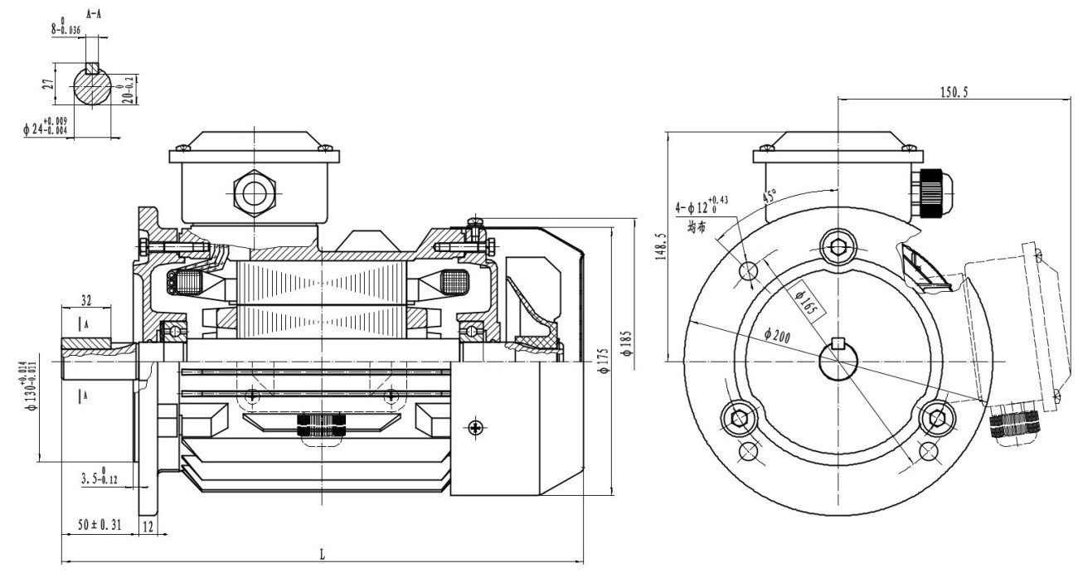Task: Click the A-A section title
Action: tap(93, 14)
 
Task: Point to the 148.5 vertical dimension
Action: tap(660, 246)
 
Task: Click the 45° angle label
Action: tap(770, 198)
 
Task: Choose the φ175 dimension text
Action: tap(603, 365)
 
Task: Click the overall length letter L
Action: tap(322, 555)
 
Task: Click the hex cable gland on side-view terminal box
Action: tap(250, 192)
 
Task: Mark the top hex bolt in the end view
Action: tap(838, 245)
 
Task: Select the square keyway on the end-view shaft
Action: tap(838, 344)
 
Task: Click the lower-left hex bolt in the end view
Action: tap(738, 416)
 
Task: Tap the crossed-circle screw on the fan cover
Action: tap(475, 427)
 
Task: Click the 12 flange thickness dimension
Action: tap(148, 526)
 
